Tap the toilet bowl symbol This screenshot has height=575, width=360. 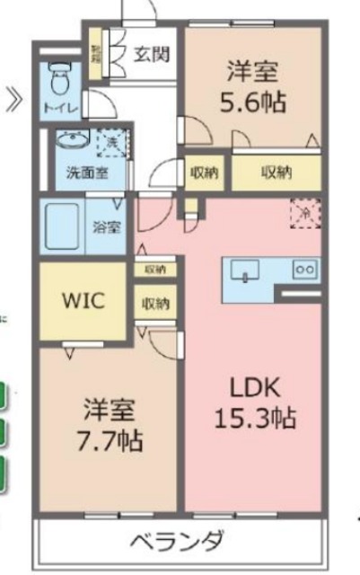(59, 78)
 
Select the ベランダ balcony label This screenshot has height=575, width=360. (176, 542)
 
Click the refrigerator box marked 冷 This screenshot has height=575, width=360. (303, 214)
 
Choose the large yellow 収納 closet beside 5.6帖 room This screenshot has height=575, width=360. (277, 174)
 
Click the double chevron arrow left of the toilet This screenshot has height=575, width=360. (13, 96)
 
